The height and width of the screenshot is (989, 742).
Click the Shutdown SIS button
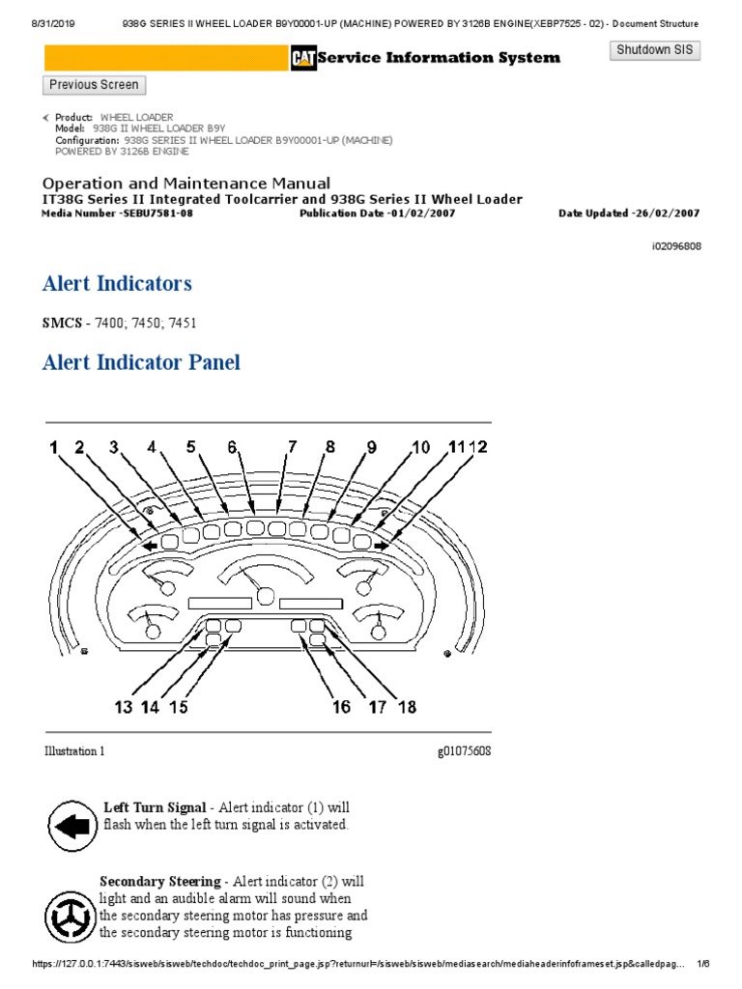point(655,50)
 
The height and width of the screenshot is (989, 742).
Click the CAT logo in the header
point(303,59)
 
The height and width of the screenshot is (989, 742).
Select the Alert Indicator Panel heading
point(141,363)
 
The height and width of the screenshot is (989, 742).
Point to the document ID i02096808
point(676,246)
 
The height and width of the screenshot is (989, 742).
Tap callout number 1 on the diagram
point(54,447)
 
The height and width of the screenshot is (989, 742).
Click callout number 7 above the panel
point(292,447)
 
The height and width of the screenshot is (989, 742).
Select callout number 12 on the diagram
point(479,447)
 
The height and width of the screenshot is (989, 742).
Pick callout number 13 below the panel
point(123,707)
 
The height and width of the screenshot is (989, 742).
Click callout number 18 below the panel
point(407,707)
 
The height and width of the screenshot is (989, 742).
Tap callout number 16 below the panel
point(342,707)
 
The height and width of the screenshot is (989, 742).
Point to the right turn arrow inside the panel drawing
point(382,545)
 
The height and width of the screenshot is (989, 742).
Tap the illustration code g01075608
point(464,751)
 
